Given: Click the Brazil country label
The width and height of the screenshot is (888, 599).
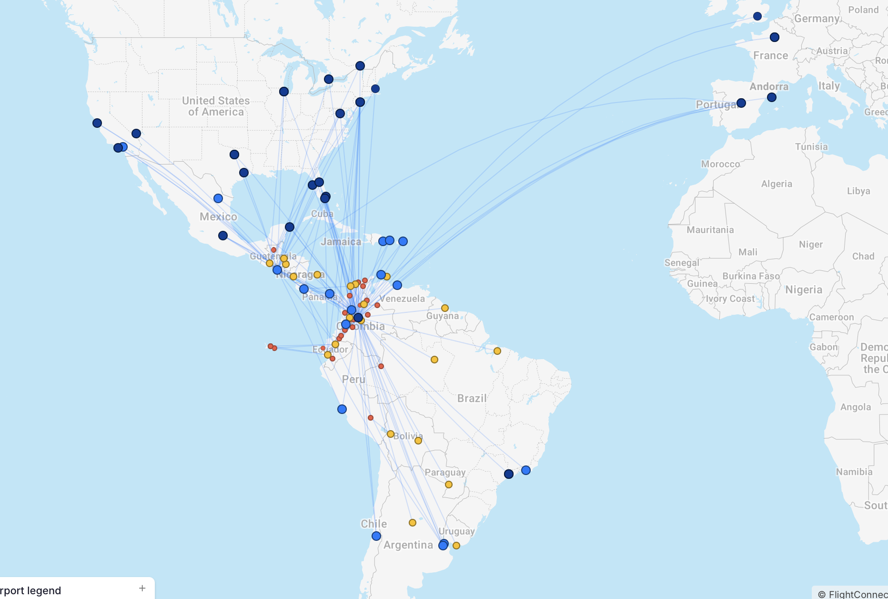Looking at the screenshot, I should (x=472, y=398).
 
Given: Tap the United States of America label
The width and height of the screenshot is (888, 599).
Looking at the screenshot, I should (x=216, y=106).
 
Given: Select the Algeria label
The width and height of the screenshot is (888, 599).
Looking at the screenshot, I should (x=777, y=184).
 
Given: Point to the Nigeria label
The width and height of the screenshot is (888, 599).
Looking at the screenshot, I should (x=804, y=290).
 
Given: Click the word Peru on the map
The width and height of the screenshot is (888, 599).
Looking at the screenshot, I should (x=353, y=380).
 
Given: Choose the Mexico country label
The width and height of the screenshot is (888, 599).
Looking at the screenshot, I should (x=218, y=217).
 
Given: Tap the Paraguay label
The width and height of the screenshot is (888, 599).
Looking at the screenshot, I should (x=445, y=472).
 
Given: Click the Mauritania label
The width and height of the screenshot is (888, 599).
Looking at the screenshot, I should (x=710, y=230).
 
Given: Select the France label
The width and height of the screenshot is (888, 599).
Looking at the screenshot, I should (x=770, y=56).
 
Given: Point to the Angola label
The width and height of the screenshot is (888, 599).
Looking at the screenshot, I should (x=856, y=407).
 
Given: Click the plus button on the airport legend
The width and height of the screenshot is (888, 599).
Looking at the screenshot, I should (x=142, y=588).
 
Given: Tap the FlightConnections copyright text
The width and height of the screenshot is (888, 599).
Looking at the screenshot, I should (x=853, y=594).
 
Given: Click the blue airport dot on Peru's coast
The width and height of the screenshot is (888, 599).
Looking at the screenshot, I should (x=342, y=409).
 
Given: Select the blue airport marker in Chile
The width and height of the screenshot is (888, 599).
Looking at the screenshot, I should (x=376, y=536).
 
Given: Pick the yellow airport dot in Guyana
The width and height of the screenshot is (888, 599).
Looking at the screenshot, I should (x=445, y=308).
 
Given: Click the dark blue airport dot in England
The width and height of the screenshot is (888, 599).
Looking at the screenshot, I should (x=757, y=16).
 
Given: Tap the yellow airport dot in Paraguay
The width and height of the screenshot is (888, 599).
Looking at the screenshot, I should (x=449, y=485).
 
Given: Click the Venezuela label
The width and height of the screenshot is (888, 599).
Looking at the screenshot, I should (x=402, y=299).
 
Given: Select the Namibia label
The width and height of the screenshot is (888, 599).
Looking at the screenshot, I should (x=854, y=472).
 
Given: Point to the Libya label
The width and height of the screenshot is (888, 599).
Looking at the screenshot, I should (x=858, y=191).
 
